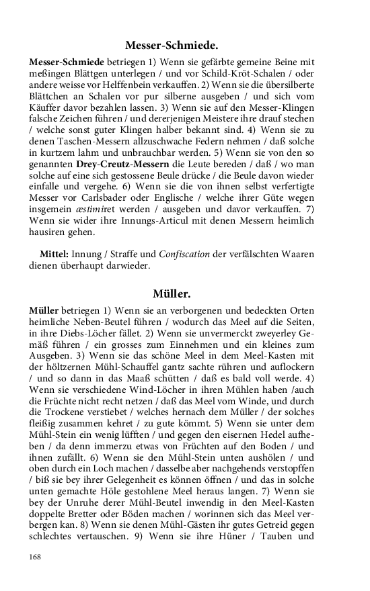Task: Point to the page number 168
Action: [x=36, y=556]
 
